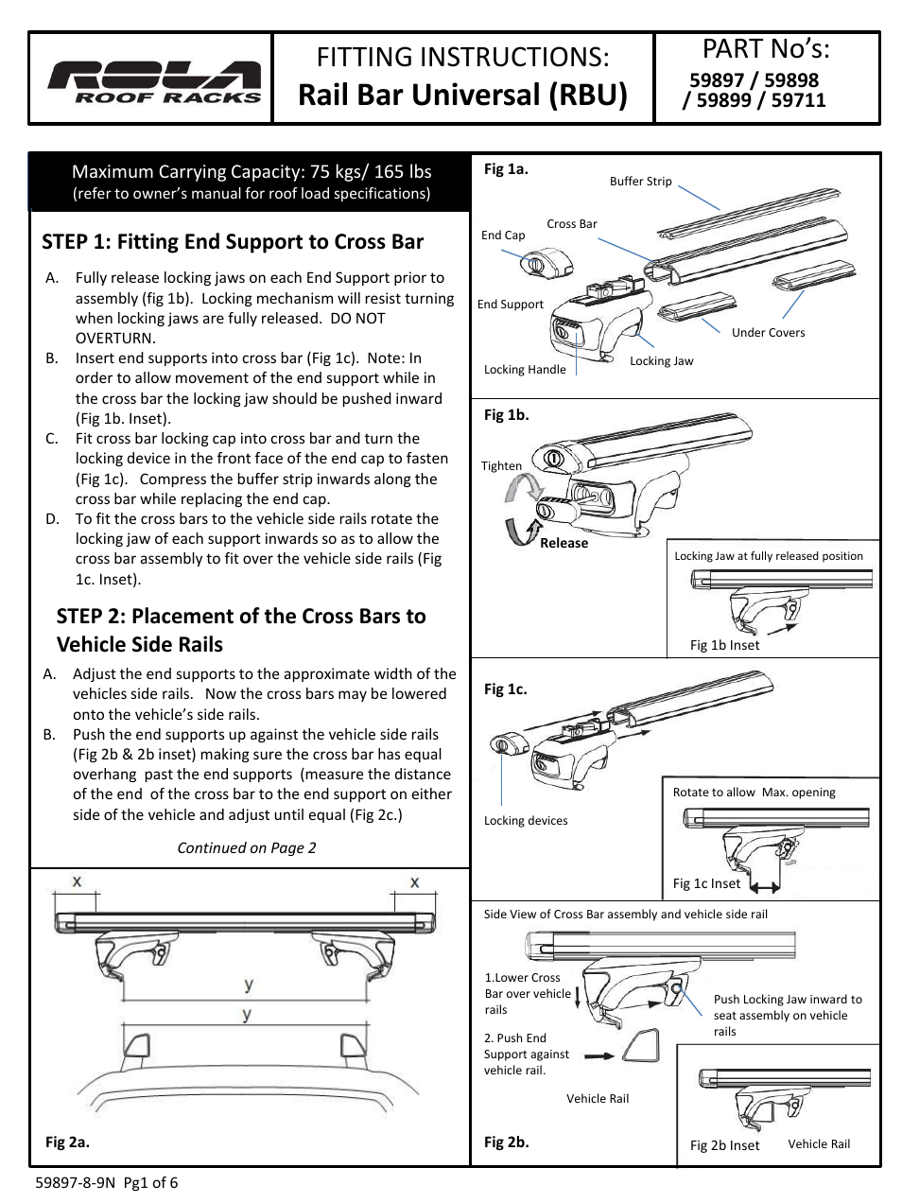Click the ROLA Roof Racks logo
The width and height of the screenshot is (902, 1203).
[154, 81]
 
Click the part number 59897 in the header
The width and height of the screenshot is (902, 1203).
[716, 80]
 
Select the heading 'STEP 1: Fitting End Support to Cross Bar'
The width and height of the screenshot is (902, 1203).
[233, 242]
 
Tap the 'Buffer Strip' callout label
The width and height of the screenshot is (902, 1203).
[640, 182]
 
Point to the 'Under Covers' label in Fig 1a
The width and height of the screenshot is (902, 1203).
[768, 333]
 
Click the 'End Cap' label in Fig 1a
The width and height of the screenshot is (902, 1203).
[502, 235]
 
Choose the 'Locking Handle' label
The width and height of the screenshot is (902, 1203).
[525, 370]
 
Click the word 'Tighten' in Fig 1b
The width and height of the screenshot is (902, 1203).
[501, 466]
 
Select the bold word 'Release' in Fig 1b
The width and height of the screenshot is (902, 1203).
[564, 543]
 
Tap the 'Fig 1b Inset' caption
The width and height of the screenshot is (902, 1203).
[724, 645]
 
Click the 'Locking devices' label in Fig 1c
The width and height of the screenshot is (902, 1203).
[526, 821]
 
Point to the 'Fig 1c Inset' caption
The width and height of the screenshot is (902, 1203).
[706, 883]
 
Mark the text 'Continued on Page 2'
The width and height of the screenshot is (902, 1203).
[247, 848]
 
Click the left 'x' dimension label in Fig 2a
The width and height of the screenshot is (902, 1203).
[78, 881]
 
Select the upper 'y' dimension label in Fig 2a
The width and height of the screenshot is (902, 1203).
[248, 985]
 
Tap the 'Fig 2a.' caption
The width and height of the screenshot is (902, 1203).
[67, 1142]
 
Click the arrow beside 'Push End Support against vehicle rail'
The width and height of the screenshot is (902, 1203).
[598, 1055]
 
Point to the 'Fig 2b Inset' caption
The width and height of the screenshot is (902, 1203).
[724, 1145]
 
